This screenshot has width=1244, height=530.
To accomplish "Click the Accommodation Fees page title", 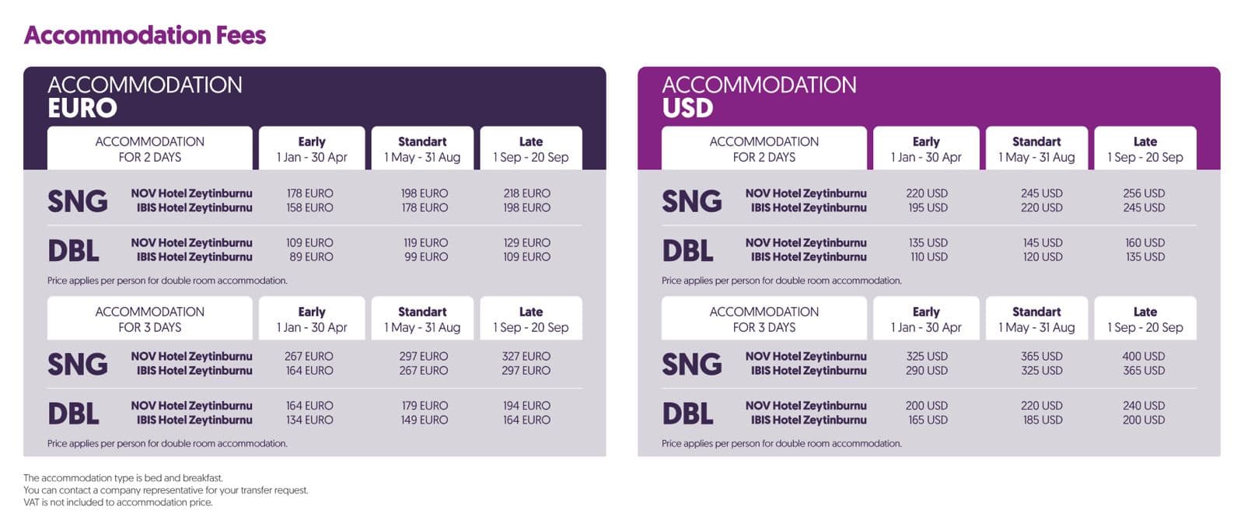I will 145,35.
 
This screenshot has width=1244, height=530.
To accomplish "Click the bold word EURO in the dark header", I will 82,108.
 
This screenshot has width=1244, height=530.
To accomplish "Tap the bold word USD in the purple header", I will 687,108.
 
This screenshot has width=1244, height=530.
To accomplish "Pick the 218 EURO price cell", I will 526,194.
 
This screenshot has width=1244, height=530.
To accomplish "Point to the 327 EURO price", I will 526,357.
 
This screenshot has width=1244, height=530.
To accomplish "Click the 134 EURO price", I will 309,420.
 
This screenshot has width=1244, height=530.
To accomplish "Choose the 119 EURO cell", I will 425,243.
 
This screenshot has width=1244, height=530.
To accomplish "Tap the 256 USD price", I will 1144,194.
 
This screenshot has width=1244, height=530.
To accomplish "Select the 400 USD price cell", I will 1143,357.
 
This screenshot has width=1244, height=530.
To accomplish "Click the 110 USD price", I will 928,257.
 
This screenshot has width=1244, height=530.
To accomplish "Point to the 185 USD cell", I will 1042,420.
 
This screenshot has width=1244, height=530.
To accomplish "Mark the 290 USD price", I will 926,371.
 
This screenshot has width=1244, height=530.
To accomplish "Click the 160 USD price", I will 1144,243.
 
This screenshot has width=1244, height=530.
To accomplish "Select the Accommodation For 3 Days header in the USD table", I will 764,319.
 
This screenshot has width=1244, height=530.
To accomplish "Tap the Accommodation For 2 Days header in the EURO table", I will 149,148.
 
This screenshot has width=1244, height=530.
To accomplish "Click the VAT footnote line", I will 117,503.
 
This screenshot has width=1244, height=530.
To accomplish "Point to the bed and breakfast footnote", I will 123,478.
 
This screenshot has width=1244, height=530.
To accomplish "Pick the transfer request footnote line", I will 166,490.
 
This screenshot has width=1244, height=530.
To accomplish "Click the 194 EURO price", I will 526,406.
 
